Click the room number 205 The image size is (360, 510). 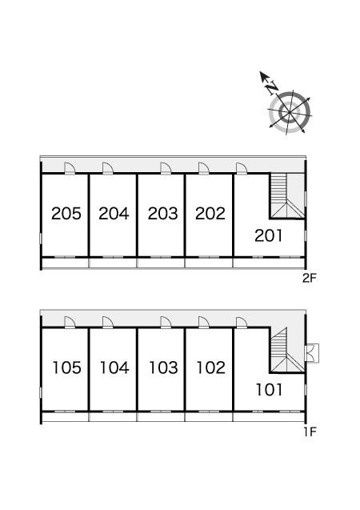coord(66,213)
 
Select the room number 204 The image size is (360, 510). coord(114,213)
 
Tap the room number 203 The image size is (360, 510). coord(162,213)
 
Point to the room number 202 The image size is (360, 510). coord(210,213)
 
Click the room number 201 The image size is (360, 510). coord(268,235)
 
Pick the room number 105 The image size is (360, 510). coord(66,367)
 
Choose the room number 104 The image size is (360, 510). coord(114,367)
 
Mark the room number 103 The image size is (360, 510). coord(163,367)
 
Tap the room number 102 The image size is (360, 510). coord(211,367)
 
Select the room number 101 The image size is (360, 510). coord(269,389)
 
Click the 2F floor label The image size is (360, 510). coord(309,278)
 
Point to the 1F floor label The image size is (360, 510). coord(310,432)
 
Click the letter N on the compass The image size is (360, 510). coord(272,87)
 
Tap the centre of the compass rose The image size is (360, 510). coord(289,113)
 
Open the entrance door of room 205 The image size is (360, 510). coord(70,168)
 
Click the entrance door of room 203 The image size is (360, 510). coord(166,168)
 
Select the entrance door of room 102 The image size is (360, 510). coord(204,323)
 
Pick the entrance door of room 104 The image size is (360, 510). coord(107,323)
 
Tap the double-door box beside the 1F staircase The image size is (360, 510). coord(313,353)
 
